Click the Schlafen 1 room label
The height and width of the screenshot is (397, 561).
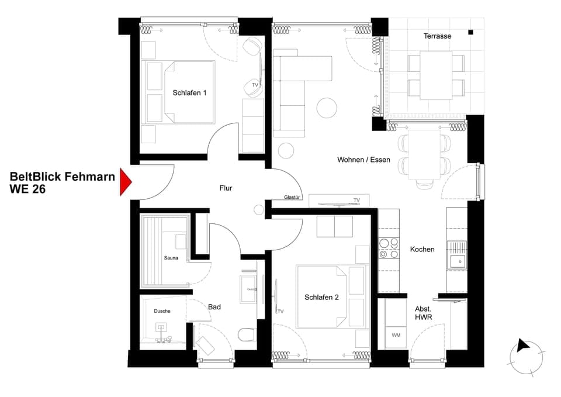(189, 93)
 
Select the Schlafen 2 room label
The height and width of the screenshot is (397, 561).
(321, 298)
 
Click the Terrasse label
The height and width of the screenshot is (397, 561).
(437, 36)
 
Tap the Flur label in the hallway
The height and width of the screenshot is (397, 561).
(226, 188)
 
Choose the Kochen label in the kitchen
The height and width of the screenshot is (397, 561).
(422, 249)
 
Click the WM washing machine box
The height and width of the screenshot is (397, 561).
(396, 335)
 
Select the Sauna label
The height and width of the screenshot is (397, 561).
(171, 258)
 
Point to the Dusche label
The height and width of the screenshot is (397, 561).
(162, 311)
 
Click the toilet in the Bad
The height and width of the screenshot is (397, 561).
(247, 335)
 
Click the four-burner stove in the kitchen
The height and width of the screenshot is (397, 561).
(389, 248)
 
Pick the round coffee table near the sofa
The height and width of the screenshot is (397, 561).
(327, 107)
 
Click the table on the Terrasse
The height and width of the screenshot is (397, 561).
(436, 75)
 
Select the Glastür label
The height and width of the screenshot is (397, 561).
(292, 198)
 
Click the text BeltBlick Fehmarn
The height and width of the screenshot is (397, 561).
(62, 177)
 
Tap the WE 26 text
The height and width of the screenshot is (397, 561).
(27, 189)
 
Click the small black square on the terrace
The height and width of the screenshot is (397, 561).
(470, 33)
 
